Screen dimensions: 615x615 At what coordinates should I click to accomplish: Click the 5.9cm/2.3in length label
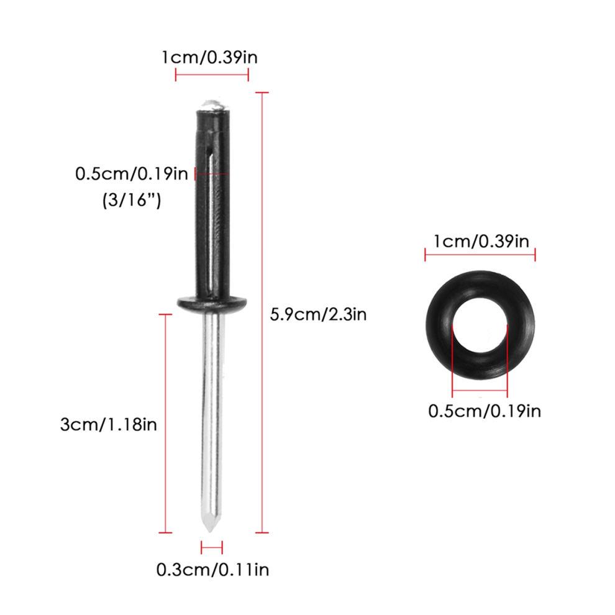tap(318, 314)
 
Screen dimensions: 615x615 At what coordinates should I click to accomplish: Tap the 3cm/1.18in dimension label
tap(109, 424)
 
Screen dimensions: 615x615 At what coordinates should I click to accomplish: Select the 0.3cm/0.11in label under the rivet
tap(212, 570)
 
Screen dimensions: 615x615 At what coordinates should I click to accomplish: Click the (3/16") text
tap(132, 200)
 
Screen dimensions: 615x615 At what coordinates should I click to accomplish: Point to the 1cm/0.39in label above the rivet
tap(210, 57)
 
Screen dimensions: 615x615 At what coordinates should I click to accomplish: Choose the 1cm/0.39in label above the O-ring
tap(481, 241)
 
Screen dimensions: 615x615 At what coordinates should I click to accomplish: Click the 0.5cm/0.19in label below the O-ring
tap(485, 411)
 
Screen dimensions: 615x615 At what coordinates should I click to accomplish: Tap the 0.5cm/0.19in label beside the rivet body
tap(132, 173)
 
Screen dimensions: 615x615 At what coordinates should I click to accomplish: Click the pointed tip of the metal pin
tap(210, 532)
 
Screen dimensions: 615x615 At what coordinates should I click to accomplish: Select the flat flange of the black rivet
tap(212, 303)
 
